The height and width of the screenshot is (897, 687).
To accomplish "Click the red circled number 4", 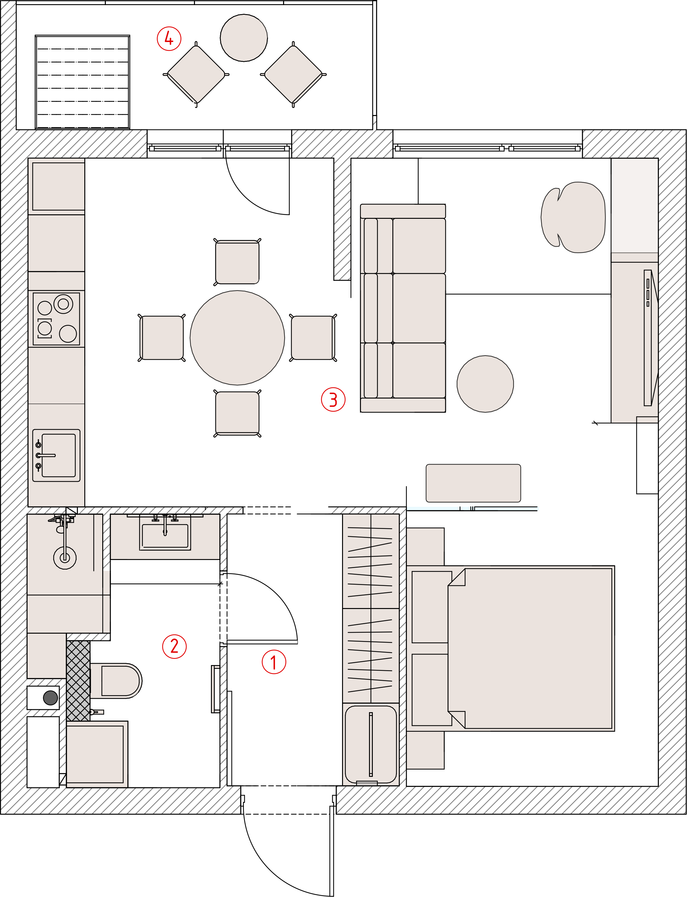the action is coord(169,39).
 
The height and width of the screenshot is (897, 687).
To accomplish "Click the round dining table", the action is coord(237,338).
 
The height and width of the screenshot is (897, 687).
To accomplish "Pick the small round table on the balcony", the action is coord(244,38).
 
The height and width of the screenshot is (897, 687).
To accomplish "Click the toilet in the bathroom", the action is coord(116,681).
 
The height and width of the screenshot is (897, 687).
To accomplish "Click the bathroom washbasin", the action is coord(165,533).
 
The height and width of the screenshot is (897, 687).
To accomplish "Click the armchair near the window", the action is coord(573,218).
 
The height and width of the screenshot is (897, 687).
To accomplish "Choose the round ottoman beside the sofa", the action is coord(485,384).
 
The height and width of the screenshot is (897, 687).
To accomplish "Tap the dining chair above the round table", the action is coord(237,261).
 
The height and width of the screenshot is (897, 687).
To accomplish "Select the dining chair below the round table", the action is coord(237,413).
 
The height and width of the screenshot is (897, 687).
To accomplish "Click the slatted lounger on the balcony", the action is coord(83,82).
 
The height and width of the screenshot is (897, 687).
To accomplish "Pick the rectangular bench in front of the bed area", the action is coord(473,483).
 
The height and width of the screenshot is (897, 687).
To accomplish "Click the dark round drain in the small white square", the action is coord(50,697).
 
